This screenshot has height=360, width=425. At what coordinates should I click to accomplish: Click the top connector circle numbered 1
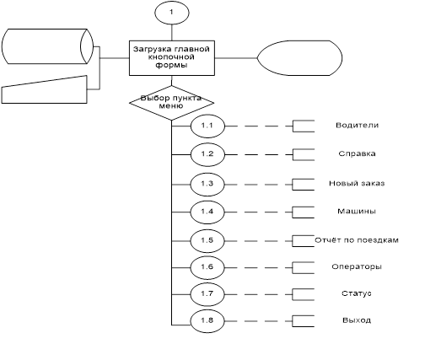(172, 13)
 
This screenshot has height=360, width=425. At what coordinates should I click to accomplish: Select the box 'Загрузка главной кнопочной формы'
(172, 58)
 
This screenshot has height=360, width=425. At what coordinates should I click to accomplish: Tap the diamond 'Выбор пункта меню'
(172, 103)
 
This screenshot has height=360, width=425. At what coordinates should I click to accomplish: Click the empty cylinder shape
(47, 46)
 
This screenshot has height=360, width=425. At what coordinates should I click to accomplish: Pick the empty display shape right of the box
(299, 58)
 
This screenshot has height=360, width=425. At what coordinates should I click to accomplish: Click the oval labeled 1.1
(207, 126)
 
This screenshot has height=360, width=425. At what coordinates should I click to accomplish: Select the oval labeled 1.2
(207, 154)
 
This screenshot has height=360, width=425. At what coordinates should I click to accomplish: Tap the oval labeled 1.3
(207, 185)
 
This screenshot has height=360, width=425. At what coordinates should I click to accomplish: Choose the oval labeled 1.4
(207, 212)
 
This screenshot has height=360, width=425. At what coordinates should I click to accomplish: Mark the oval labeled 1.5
(207, 241)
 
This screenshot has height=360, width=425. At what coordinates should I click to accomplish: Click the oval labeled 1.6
(207, 267)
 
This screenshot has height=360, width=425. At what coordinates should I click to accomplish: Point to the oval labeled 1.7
(207, 294)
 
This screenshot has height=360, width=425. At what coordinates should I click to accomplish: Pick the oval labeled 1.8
(207, 321)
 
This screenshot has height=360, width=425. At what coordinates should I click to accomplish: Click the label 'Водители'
(357, 125)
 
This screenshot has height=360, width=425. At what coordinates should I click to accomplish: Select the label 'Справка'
(357, 153)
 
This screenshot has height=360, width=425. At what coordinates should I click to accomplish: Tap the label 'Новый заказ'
(357, 184)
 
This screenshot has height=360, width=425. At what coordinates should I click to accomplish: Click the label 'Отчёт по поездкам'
(357, 240)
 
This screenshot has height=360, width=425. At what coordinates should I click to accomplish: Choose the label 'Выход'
(357, 320)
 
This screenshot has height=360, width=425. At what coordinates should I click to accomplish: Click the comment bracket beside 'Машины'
(293, 212)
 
